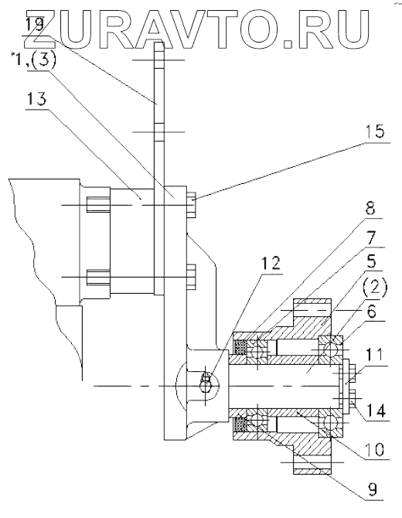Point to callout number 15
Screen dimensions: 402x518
tap(375, 131)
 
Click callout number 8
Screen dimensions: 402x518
tap(370, 209)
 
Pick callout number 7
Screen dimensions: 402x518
tap(373, 237)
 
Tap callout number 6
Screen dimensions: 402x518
tap(372, 312)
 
